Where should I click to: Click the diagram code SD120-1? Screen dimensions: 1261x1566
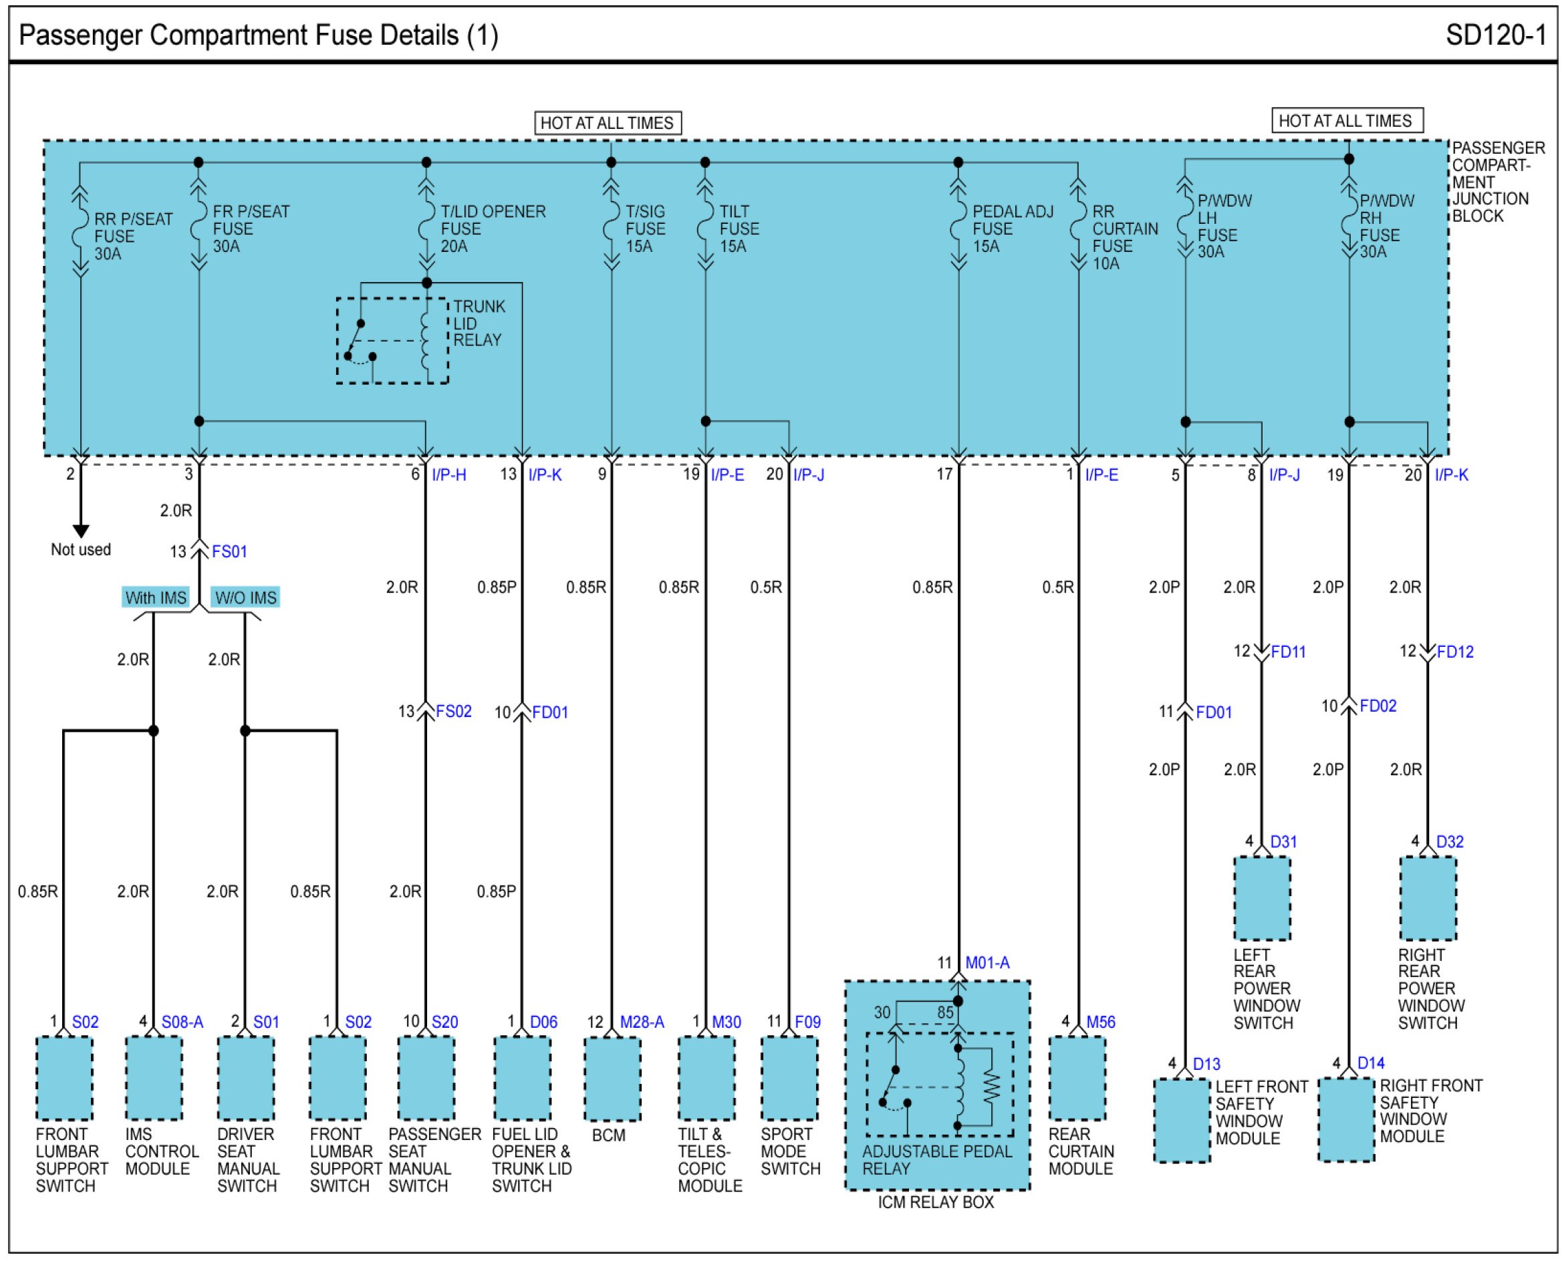(1496, 35)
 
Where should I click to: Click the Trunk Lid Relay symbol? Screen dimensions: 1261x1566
(392, 340)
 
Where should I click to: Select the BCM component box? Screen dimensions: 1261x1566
(612, 1079)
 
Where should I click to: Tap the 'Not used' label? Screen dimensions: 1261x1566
(81, 550)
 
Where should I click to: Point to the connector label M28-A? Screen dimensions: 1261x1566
(642, 1022)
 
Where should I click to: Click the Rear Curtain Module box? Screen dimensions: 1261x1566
(1078, 1079)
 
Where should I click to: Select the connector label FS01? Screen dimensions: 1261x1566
(229, 552)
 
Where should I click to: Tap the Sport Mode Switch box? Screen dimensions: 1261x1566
(789, 1079)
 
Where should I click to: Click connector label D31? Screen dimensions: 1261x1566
(1283, 842)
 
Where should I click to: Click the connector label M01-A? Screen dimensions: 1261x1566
(987, 963)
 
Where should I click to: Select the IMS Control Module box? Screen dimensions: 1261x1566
(153, 1079)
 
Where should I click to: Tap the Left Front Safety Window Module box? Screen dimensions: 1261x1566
(1182, 1121)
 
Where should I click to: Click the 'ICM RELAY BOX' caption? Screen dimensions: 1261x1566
(936, 1202)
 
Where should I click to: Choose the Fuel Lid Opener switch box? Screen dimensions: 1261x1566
(521, 1079)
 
